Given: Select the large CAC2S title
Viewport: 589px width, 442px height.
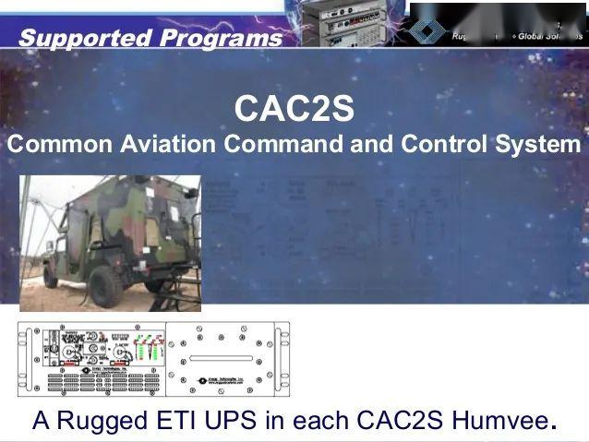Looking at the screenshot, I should (294, 109).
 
